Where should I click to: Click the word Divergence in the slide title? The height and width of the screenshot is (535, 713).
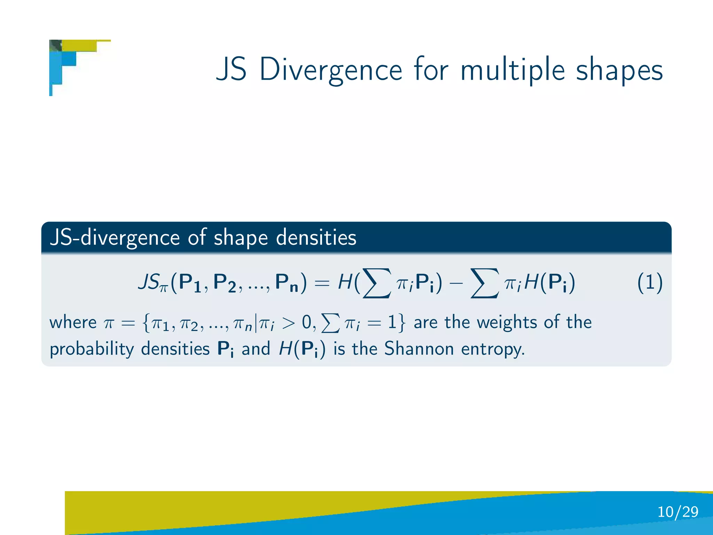(331, 70)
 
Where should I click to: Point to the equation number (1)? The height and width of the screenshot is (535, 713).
(650, 282)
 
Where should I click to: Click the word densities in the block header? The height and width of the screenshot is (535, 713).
(316, 238)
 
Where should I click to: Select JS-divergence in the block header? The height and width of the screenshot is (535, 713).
(115, 238)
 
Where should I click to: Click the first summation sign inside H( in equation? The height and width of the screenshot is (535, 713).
(377, 283)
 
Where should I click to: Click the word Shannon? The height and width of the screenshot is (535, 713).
(419, 349)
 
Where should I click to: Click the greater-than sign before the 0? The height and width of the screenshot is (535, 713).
(288, 323)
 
